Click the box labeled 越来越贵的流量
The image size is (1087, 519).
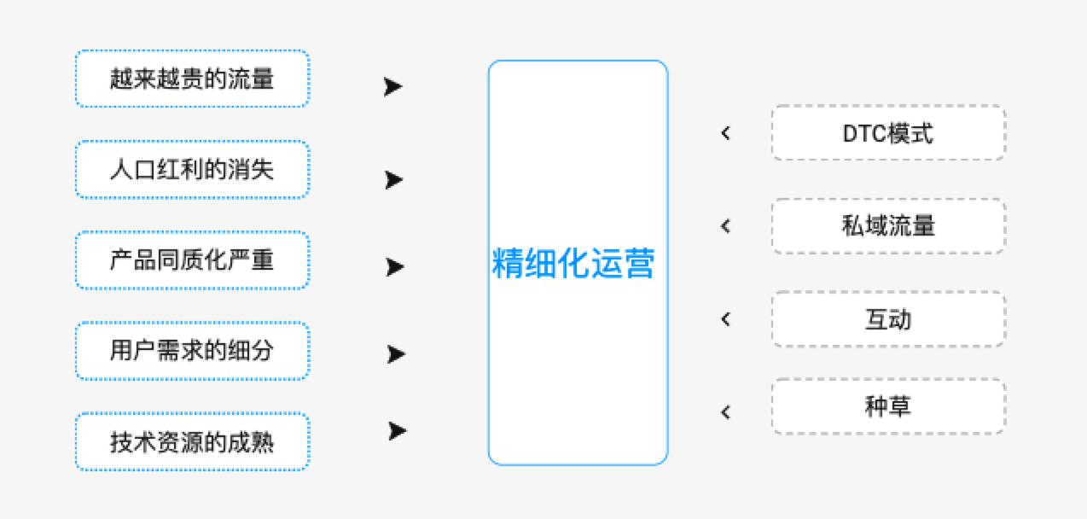click(193, 79)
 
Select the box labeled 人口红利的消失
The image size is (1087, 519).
click(193, 169)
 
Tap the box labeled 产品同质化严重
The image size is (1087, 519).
click(193, 260)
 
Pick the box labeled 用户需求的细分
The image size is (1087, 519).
click(193, 351)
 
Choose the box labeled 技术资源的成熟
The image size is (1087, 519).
click(193, 441)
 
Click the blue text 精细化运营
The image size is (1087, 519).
click(573, 263)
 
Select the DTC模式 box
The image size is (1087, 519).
click(888, 132)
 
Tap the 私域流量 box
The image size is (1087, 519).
click(888, 225)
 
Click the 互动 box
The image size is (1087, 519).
click(888, 319)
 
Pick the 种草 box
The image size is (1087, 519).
click(888, 406)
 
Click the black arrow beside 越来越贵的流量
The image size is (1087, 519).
click(392, 87)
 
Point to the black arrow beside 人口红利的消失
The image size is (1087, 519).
click(393, 179)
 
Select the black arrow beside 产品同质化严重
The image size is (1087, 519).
click(395, 267)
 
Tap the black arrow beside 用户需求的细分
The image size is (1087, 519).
click(396, 354)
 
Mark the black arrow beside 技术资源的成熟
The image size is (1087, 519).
click(398, 431)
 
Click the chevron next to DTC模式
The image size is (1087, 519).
click(725, 133)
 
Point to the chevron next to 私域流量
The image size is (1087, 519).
click(725, 226)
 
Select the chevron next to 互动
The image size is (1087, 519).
click(725, 319)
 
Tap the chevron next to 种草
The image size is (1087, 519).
click(725, 412)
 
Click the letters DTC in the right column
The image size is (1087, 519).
click(865, 133)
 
